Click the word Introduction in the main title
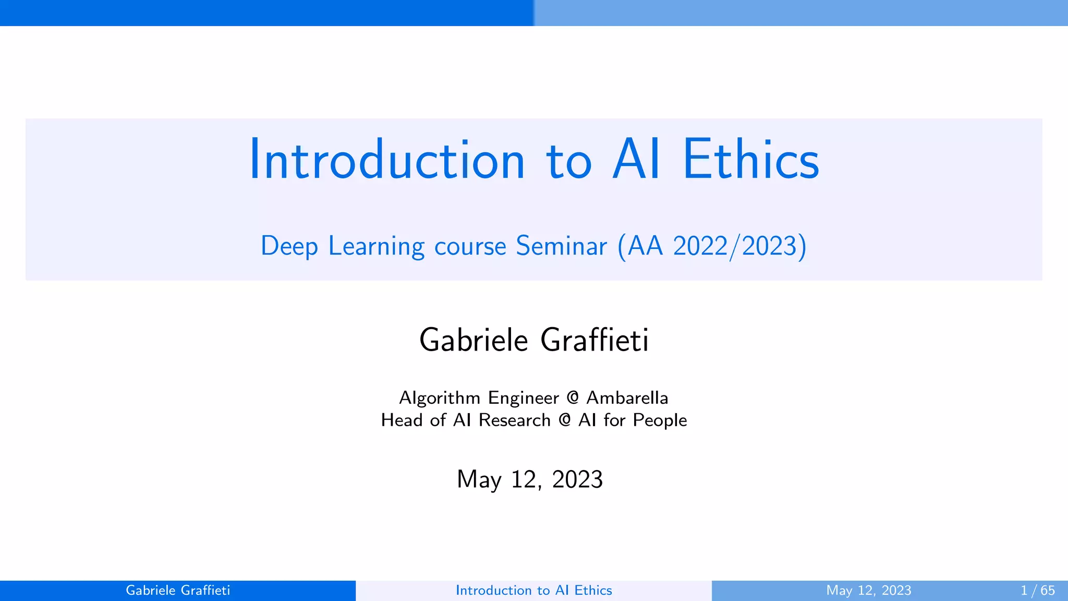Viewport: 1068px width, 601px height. pos(386,160)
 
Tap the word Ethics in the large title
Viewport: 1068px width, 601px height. pos(750,160)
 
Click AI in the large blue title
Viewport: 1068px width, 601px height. pos(637,160)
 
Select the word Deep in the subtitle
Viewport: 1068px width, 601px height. pos(289,246)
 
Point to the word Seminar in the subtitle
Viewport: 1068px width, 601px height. pos(561,246)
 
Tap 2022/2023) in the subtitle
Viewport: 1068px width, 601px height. pos(740,246)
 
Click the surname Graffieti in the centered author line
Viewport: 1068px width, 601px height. pos(594,340)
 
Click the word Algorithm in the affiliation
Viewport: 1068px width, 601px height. pos(440,398)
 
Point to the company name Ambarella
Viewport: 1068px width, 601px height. pos(627,398)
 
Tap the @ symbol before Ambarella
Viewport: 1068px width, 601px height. pos(573,398)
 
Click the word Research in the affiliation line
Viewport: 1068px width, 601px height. pos(514,420)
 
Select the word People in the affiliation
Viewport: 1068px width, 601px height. pos(660,420)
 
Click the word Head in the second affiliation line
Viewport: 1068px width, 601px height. pos(402,420)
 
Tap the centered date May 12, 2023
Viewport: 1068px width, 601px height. pos(530,479)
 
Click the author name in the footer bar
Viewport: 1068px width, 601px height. pos(178,591)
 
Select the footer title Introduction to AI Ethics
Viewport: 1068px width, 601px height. pos(533,591)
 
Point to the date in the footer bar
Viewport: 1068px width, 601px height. pos(868,591)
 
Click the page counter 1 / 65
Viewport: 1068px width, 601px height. pos(1037,591)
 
